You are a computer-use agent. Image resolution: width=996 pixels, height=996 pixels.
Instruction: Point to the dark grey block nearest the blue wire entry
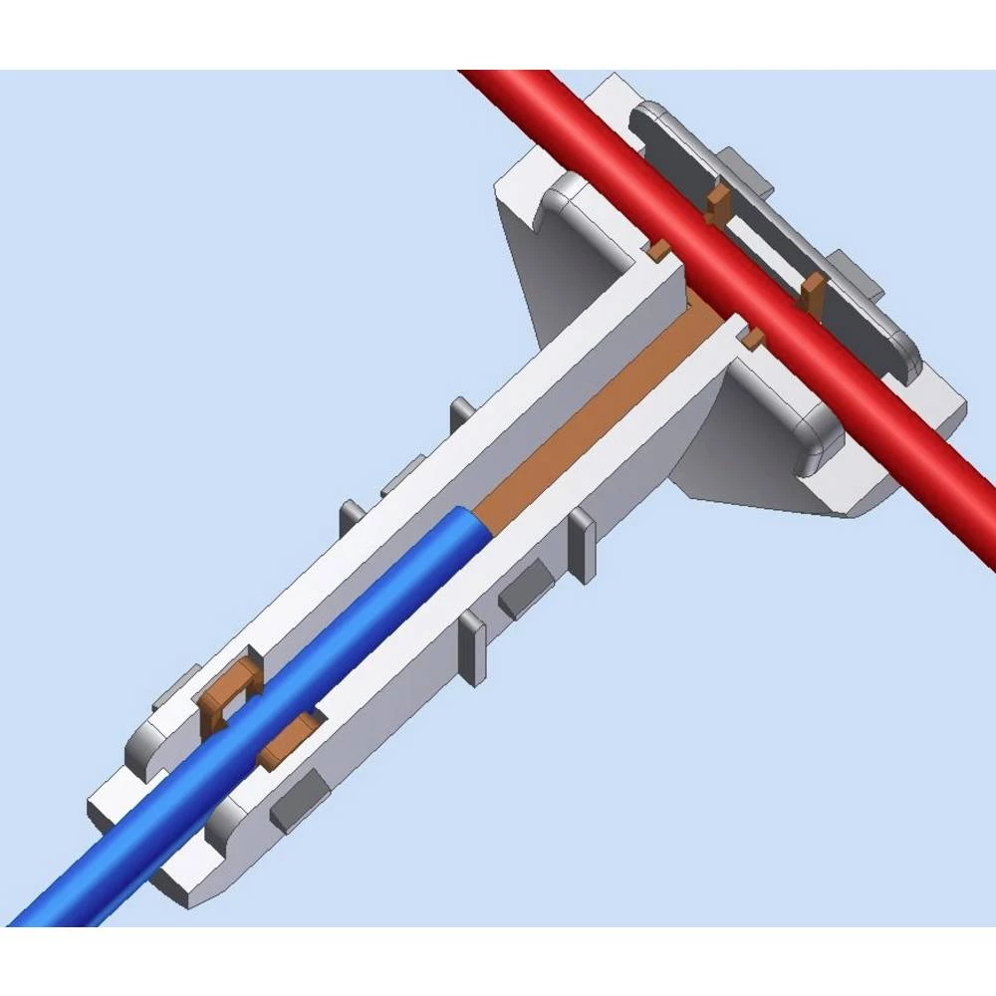tap(293, 798)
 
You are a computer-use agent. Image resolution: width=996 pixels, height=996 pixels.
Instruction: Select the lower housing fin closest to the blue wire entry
tap(472, 647)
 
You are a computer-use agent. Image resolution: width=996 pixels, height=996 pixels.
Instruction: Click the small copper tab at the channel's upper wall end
tap(658, 249)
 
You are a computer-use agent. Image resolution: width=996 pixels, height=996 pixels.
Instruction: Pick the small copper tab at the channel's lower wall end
tap(753, 338)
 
